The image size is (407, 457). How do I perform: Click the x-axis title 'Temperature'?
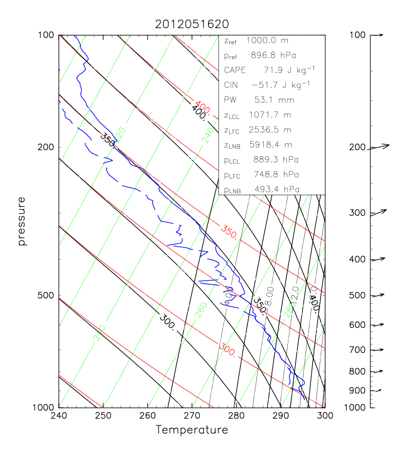(x=192, y=430)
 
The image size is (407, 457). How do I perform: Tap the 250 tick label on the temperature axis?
(x=103, y=416)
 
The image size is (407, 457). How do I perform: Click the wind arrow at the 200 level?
(x=380, y=147)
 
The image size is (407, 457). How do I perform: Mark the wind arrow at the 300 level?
(x=379, y=212)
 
